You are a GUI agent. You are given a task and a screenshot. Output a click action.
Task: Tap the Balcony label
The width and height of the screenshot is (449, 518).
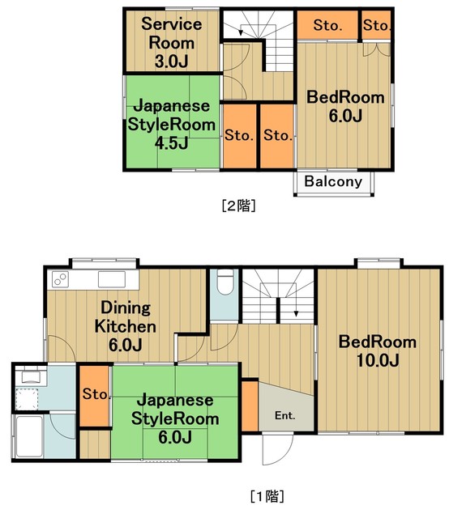333,181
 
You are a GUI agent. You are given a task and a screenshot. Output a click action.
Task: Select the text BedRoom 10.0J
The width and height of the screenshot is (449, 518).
377,350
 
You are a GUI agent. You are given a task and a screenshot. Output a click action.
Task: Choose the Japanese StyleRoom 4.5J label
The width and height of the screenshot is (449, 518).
172,125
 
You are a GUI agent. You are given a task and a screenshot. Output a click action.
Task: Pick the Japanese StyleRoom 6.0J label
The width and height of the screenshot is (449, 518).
175,419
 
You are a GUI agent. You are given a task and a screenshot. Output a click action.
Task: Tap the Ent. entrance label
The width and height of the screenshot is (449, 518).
284,417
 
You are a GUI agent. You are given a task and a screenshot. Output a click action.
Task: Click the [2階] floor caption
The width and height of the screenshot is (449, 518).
239,206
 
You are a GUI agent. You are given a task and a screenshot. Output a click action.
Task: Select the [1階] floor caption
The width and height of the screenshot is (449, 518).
266,495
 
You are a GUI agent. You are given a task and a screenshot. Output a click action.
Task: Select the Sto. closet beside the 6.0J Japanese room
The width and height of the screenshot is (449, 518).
94,395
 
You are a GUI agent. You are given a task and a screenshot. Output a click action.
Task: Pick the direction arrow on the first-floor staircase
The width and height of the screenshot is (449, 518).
297,311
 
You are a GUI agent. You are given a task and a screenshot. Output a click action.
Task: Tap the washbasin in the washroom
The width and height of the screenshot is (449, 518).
31,377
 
